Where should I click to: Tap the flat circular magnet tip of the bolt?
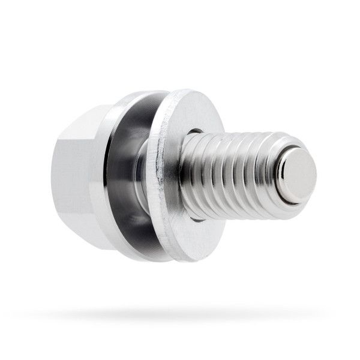(x=298, y=175)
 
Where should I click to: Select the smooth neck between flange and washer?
(x=142, y=174)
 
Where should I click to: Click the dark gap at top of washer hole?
(x=195, y=131)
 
